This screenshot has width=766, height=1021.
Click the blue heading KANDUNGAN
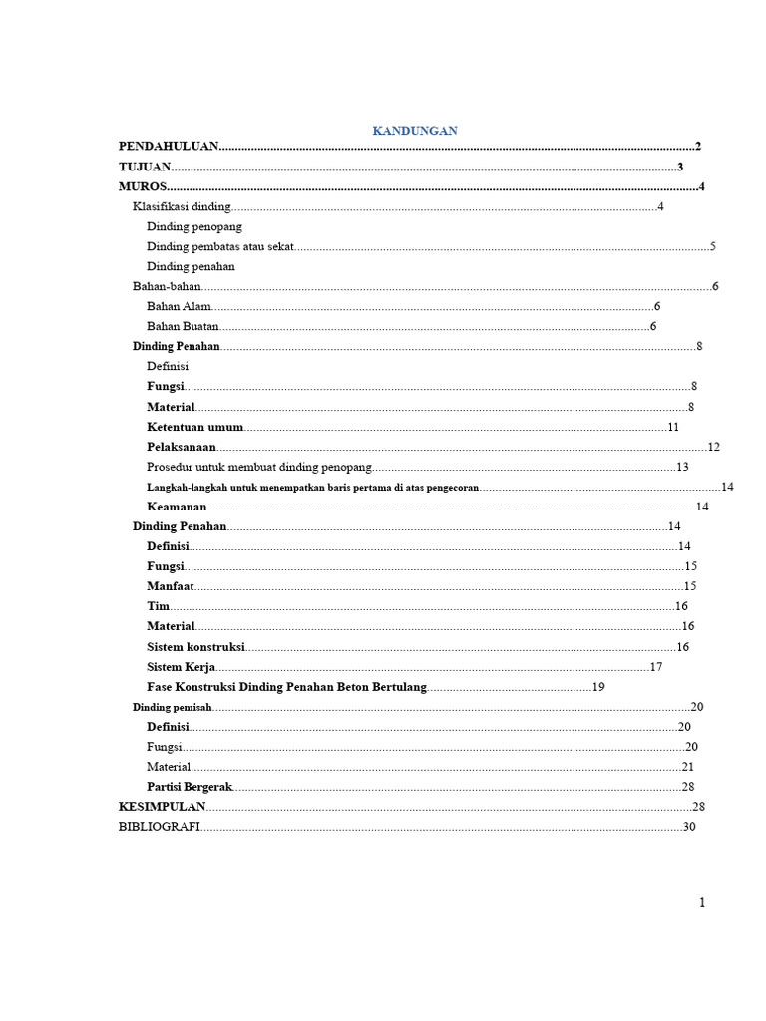click(x=414, y=131)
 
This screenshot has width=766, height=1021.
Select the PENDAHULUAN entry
click(x=168, y=147)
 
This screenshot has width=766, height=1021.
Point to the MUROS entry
click(x=142, y=187)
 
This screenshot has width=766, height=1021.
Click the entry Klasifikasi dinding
click(x=182, y=207)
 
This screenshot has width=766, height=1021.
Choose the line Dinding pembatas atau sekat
click(x=220, y=247)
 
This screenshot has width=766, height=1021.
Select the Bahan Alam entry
click(x=179, y=307)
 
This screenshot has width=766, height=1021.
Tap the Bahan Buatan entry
click(x=183, y=327)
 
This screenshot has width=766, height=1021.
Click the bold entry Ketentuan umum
click(x=195, y=427)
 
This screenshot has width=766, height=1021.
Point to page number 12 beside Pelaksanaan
click(x=713, y=447)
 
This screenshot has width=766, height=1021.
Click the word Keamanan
click(x=177, y=507)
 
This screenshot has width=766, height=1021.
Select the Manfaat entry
click(x=171, y=586)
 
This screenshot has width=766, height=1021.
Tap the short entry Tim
click(x=159, y=606)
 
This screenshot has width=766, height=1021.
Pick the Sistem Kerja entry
click(x=182, y=667)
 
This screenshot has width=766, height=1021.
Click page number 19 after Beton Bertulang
click(x=598, y=687)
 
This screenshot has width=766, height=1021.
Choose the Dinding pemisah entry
click(x=173, y=707)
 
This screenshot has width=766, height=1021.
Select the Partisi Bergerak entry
click(x=190, y=787)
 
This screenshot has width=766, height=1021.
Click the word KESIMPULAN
click(x=162, y=807)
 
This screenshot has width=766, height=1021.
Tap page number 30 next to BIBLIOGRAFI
click(x=689, y=828)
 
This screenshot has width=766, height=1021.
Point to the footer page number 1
click(x=702, y=903)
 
